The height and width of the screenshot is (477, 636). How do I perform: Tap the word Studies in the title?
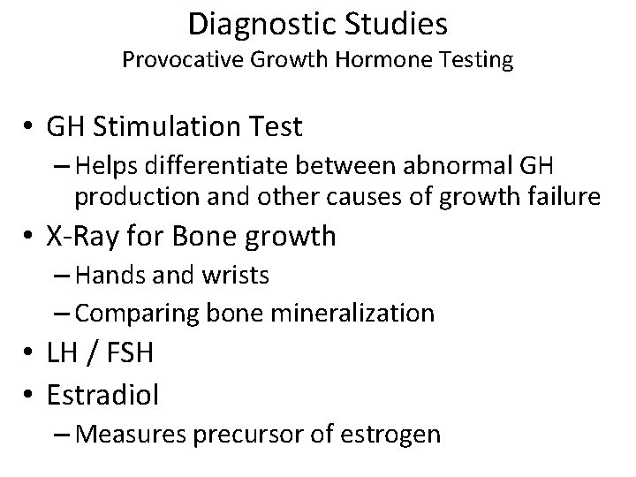click(x=401, y=24)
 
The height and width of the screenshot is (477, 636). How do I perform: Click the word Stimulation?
click(x=180, y=127)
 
